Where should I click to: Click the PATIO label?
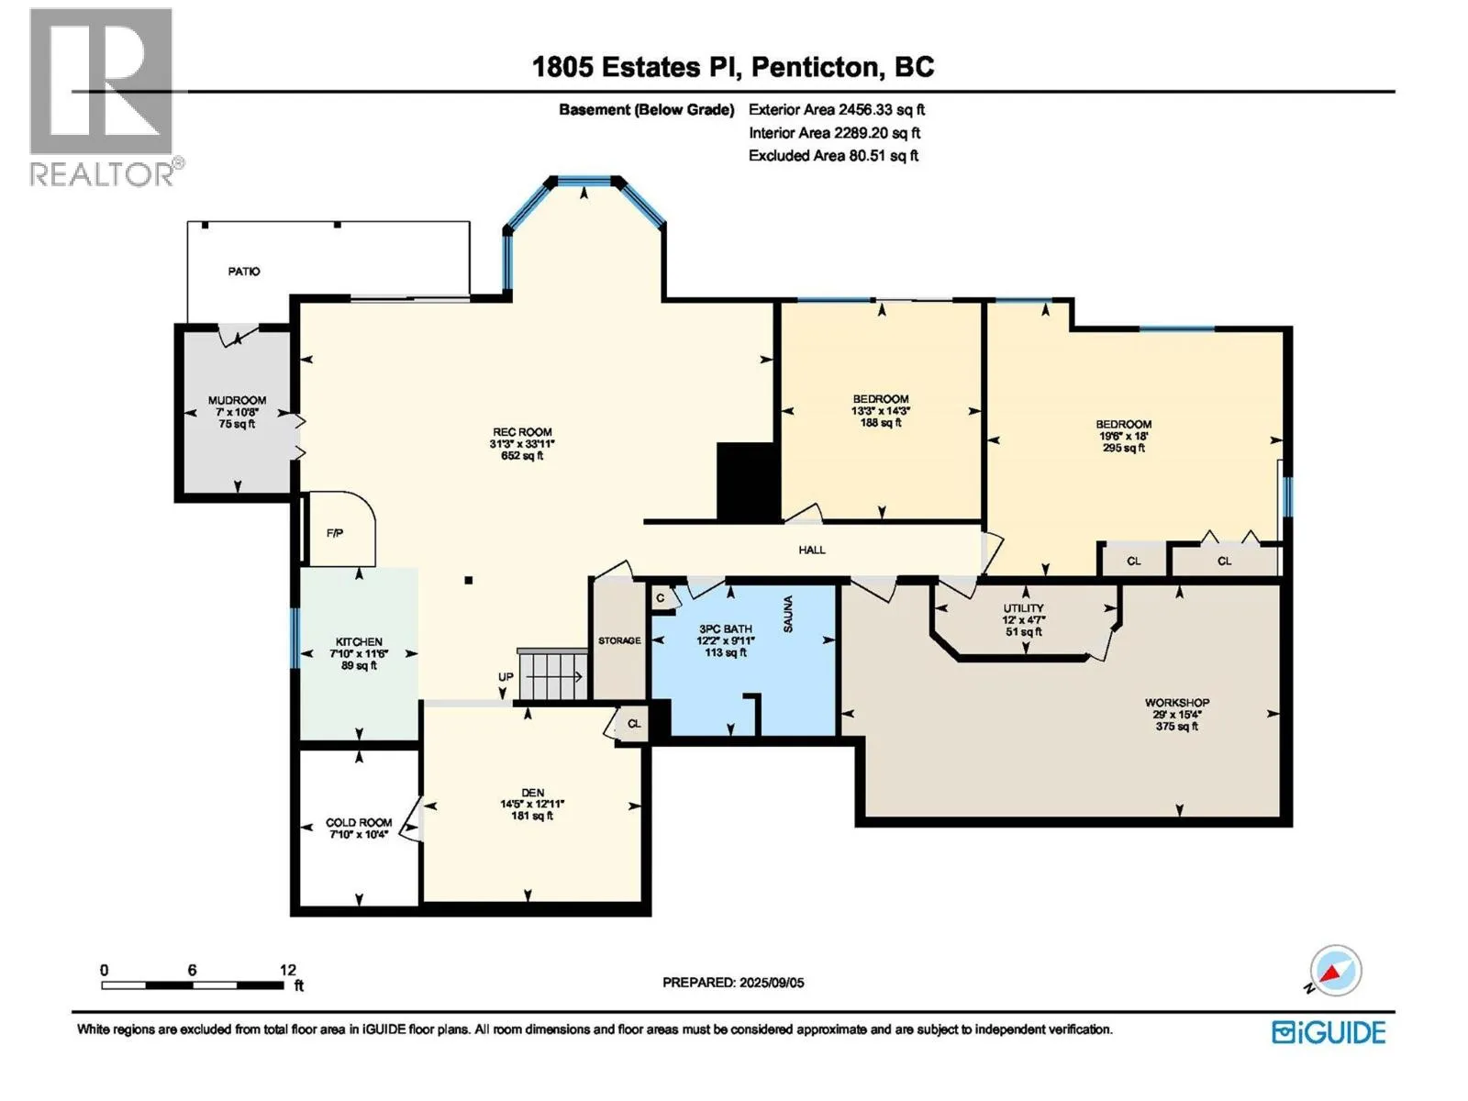click(243, 272)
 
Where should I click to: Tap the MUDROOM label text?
click(237, 400)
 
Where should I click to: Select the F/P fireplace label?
click(334, 533)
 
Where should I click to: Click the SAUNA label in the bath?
click(788, 614)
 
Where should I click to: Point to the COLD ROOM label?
click(359, 822)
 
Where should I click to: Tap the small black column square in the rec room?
click(469, 580)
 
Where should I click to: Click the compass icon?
click(1335, 970)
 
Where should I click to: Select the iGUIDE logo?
click(1329, 1032)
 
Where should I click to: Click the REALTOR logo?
click(105, 97)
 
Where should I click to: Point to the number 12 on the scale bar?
click(287, 969)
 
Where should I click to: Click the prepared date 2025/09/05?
click(771, 983)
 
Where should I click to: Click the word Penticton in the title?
click(814, 67)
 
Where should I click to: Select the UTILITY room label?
click(1023, 607)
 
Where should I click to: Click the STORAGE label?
click(619, 640)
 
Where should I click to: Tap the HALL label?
click(812, 550)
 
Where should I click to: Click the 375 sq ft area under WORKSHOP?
click(1177, 726)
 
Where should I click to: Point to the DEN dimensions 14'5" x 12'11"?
click(532, 805)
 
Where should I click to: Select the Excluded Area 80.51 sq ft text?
click(833, 156)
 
